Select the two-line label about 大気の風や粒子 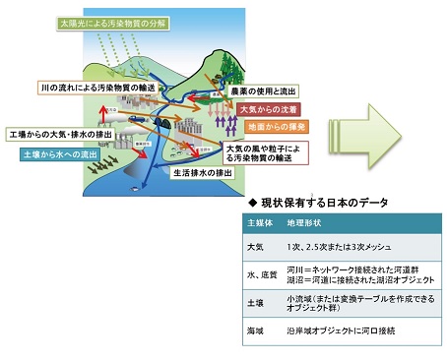click(250, 150)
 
